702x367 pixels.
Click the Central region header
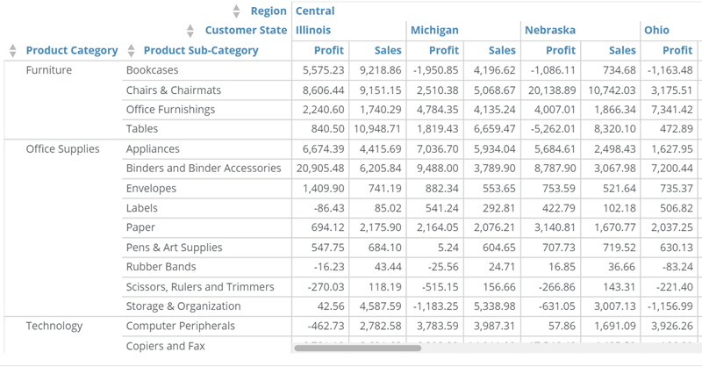click(x=315, y=11)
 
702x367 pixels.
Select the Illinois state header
click(x=313, y=30)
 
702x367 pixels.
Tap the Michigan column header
click(x=434, y=30)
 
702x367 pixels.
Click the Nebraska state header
click(x=550, y=30)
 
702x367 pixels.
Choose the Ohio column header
click(x=656, y=30)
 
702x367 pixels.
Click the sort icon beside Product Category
click(x=12, y=50)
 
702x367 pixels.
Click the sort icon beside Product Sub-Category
click(x=132, y=50)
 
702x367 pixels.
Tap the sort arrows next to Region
click(x=236, y=11)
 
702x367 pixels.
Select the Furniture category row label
click(x=49, y=69)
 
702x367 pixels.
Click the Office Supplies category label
click(x=62, y=149)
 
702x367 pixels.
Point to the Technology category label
click(x=54, y=327)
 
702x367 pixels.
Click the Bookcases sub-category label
click(x=153, y=69)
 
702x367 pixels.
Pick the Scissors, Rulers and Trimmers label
click(x=200, y=287)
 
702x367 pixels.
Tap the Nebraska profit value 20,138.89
click(x=550, y=90)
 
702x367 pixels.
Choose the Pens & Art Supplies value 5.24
click(x=446, y=248)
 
